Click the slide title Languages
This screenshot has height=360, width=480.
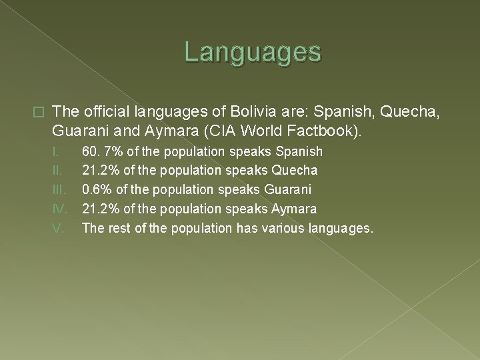click(x=253, y=52)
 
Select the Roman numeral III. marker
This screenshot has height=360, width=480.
click(x=59, y=190)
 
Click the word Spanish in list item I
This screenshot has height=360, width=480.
click(x=297, y=152)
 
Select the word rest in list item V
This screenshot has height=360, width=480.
click(x=115, y=229)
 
